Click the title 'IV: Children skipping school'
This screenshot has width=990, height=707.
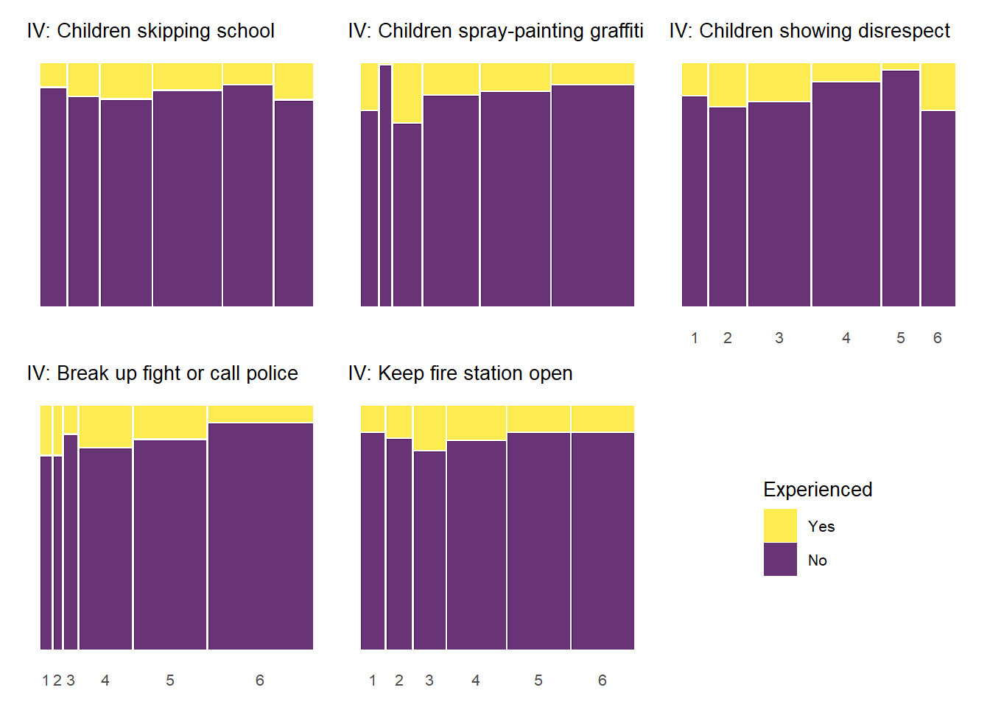[150, 31]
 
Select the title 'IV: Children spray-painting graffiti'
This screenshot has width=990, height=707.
[495, 31]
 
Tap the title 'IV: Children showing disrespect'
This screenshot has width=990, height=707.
[809, 31]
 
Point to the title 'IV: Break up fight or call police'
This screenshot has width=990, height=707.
[162, 373]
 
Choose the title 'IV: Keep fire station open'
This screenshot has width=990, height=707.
[460, 373]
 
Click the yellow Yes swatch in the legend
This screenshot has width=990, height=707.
[780, 526]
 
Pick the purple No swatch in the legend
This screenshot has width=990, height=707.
[780, 560]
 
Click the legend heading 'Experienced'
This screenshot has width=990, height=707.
[817, 490]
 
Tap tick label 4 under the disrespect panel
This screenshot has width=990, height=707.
[846, 338]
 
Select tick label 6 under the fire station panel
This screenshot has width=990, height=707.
[602, 680]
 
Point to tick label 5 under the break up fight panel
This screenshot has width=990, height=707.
[169, 680]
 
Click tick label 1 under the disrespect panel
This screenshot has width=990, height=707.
[694, 338]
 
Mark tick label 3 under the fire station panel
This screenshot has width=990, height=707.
[429, 680]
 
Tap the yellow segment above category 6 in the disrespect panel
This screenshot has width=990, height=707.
[938, 87]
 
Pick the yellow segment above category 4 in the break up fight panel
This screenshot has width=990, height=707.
[105, 426]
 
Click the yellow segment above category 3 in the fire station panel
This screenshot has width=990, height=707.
[429, 428]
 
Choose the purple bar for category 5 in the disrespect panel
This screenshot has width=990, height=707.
[900, 188]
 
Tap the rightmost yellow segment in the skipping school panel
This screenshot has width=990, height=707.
[293, 81]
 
